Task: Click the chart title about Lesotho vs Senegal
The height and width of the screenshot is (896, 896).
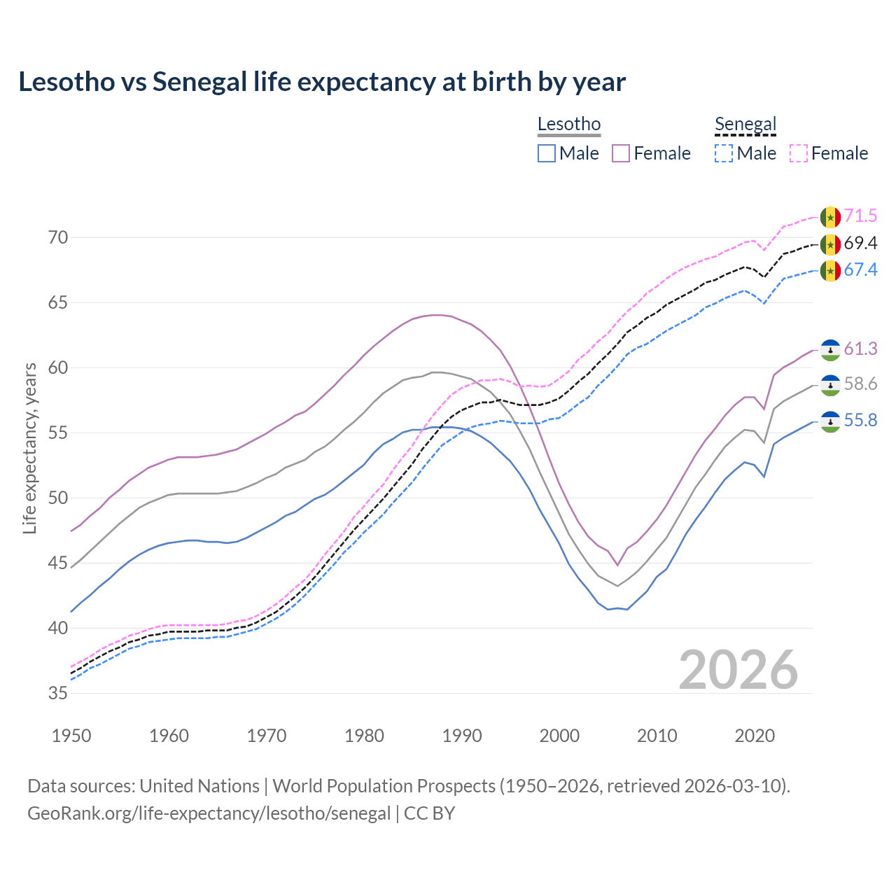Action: [322, 82]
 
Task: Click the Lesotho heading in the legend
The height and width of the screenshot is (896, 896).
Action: [568, 125]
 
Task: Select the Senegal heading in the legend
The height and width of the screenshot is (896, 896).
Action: [745, 125]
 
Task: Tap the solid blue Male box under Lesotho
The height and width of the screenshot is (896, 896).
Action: [547, 153]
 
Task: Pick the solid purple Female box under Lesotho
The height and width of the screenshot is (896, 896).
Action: [621, 153]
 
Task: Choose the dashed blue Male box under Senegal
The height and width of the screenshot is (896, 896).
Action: [724, 153]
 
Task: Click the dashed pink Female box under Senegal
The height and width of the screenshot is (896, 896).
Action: [798, 153]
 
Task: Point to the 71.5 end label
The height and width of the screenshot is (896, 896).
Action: [860, 216]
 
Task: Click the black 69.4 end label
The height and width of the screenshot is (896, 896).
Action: [860, 244]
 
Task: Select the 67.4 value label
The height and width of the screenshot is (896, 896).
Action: [860, 270]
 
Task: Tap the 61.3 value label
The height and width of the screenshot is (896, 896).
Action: [860, 349]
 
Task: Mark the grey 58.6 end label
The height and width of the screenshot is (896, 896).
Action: [860, 384]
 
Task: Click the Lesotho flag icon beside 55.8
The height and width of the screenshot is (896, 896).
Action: [830, 421]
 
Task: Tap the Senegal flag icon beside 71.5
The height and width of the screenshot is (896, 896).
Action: [830, 217]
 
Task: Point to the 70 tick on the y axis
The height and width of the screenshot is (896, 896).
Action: [58, 238]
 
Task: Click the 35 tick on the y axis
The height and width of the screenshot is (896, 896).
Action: [58, 694]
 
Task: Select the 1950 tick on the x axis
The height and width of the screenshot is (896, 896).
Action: [72, 736]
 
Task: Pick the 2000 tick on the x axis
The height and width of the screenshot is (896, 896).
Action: [560, 736]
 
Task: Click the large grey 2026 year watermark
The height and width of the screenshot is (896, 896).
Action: [738, 671]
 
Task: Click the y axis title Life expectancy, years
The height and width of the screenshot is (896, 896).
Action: [30, 448]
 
